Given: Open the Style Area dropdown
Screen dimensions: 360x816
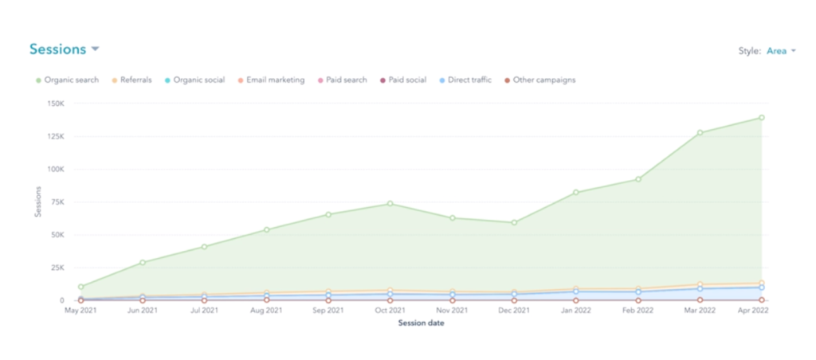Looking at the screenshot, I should pyautogui.click(x=780, y=51).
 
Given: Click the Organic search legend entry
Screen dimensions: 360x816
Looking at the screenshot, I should pyautogui.click(x=71, y=80).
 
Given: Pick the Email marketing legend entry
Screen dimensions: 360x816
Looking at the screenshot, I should pyautogui.click(x=275, y=80).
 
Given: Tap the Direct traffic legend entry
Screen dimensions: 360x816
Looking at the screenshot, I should pyautogui.click(x=469, y=80).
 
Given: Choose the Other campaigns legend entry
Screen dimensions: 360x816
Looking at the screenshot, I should pyautogui.click(x=543, y=80).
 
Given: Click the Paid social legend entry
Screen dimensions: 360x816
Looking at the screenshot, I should pyautogui.click(x=407, y=80).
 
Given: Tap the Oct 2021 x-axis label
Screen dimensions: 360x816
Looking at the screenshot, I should pyautogui.click(x=390, y=311).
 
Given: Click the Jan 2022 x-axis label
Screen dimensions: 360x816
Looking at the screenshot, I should pyautogui.click(x=575, y=311).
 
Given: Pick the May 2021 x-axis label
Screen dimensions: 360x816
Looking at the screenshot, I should pyautogui.click(x=80, y=311).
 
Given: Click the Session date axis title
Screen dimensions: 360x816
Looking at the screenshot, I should pyautogui.click(x=421, y=323).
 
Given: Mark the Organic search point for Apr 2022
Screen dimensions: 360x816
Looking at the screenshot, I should pyautogui.click(x=761, y=118).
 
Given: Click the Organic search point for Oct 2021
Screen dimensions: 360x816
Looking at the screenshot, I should pyautogui.click(x=390, y=204).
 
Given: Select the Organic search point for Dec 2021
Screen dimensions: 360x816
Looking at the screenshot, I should pyautogui.click(x=514, y=222).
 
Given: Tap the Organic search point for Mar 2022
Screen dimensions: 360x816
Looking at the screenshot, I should pyautogui.click(x=700, y=133).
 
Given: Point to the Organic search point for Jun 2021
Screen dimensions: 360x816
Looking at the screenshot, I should pyautogui.click(x=143, y=262).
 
